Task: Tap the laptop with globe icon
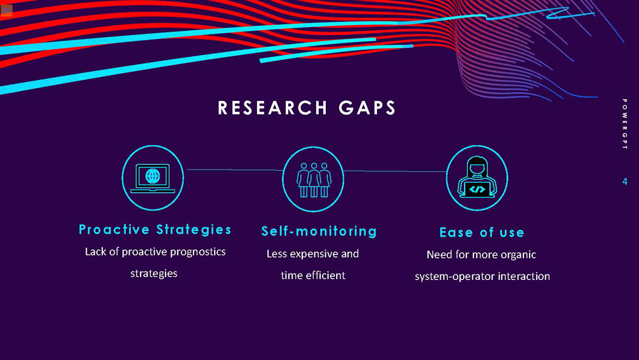pos(153,178)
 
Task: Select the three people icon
pos(313,179)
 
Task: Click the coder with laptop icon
pos(477,179)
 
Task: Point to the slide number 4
pos(625,182)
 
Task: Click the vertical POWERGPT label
pos(624,125)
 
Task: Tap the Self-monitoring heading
pos(319,231)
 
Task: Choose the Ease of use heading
pos(482,232)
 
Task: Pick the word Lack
pos(95,252)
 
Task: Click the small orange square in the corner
pos(6,10)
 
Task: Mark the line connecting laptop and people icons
pos(233,170)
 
